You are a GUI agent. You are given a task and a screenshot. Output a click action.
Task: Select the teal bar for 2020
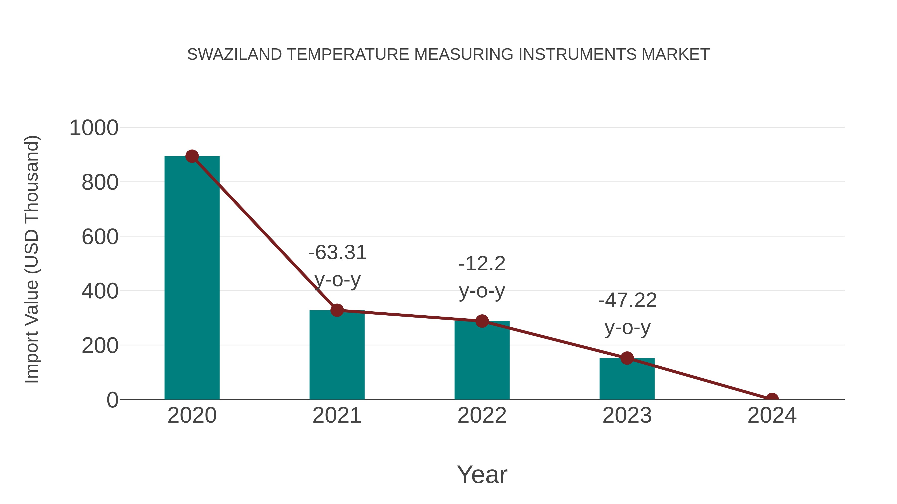192,278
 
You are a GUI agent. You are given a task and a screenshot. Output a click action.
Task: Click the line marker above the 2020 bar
192,157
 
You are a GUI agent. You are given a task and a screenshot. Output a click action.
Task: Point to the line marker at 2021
337,310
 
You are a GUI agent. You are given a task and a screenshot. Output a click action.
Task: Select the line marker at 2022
482,321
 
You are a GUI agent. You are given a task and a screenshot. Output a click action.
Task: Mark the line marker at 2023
627,358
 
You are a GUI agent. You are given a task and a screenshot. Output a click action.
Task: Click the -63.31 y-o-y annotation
337,266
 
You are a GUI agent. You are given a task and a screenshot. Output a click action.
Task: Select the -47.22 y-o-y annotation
627,314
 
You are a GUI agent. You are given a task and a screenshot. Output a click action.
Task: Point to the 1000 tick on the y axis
94,128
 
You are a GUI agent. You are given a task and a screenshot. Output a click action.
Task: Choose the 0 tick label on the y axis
112,400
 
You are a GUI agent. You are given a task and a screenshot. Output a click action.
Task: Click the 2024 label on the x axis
772,415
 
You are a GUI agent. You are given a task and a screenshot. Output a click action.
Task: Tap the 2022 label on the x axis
482,415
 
